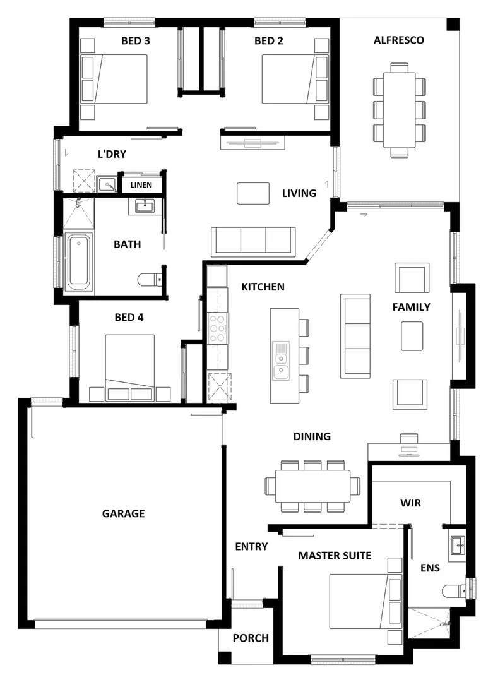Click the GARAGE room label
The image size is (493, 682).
tap(123, 513)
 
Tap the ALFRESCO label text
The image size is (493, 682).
tap(398, 40)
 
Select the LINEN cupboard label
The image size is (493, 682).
tap(141, 185)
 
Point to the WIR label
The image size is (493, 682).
tap(410, 503)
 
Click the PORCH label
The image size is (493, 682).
tap(250, 638)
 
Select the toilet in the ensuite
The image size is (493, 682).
tap(454, 591)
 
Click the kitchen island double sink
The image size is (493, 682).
tap(281, 361)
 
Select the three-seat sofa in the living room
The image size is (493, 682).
tap(253, 241)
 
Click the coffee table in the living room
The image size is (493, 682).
tap(253, 193)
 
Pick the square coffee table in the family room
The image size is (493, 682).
tap(412, 336)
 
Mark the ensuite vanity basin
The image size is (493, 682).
tap(458, 544)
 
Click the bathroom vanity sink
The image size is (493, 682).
tap(146, 205)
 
